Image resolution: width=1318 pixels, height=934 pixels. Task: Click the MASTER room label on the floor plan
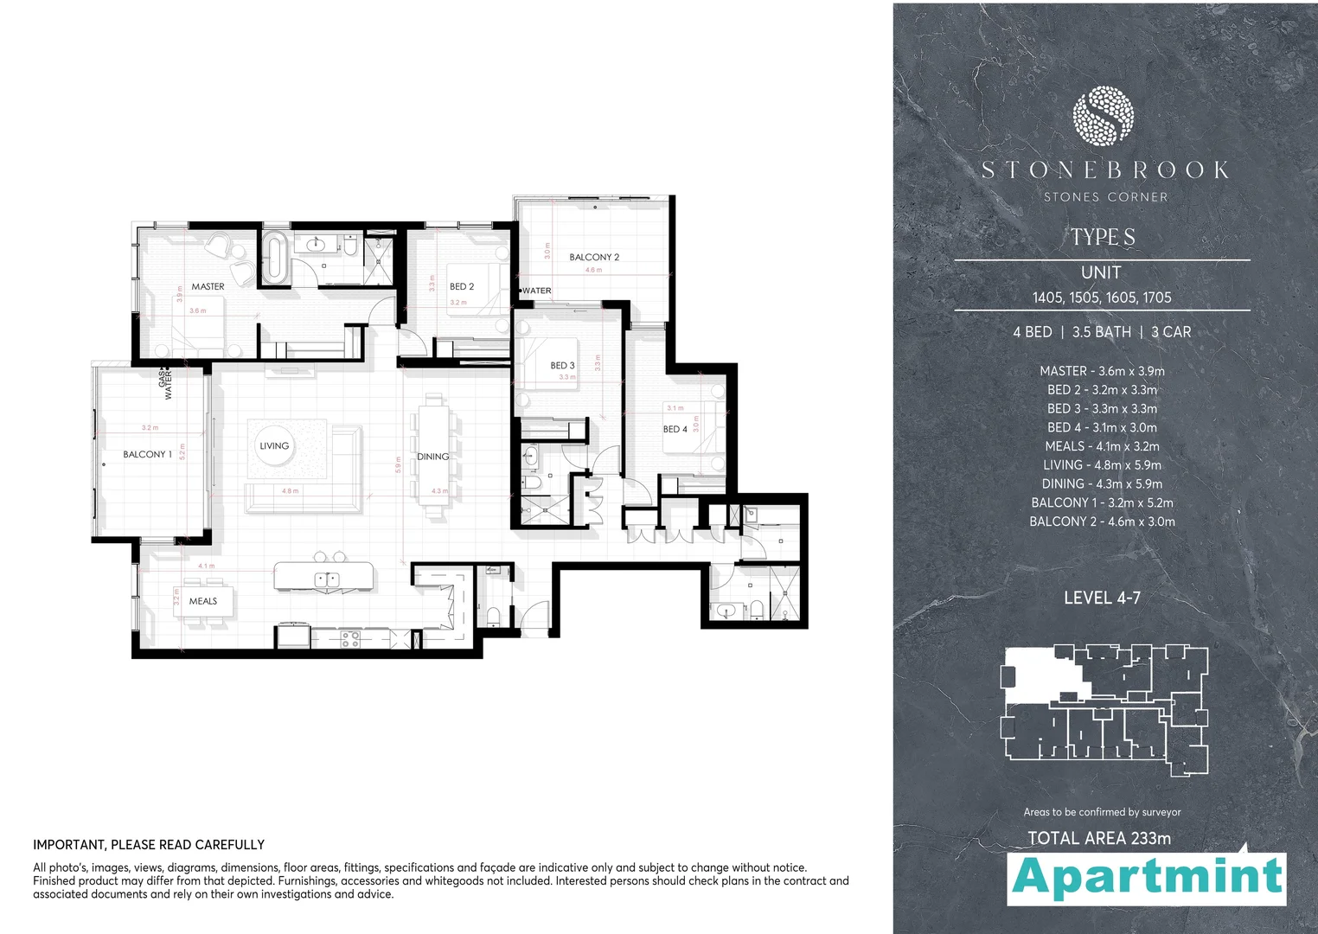pyautogui.click(x=208, y=286)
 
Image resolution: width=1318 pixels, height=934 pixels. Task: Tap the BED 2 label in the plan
pyautogui.click(x=462, y=286)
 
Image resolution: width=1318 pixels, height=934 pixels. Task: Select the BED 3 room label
pyautogui.click(x=562, y=365)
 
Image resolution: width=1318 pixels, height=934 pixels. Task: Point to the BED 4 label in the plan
pyautogui.click(x=675, y=429)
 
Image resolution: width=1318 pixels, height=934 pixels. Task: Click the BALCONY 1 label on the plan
pyautogui.click(x=147, y=454)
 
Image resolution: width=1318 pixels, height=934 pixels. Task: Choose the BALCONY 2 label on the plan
pyautogui.click(x=594, y=257)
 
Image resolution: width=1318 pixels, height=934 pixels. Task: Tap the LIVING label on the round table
pyautogui.click(x=274, y=445)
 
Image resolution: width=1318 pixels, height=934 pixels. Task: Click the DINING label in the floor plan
pyautogui.click(x=433, y=457)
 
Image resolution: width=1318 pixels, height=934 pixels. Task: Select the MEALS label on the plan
pyautogui.click(x=203, y=601)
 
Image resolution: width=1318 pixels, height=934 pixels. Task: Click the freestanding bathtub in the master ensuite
pyautogui.click(x=275, y=257)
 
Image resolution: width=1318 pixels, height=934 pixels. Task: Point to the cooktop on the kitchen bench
pyautogui.click(x=350, y=639)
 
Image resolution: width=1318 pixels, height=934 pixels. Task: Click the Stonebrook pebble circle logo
pyautogui.click(x=1103, y=115)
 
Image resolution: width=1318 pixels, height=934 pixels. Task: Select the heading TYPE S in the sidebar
pyautogui.click(x=1103, y=237)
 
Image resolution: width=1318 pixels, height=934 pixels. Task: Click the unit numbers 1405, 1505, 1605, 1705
pyautogui.click(x=1102, y=297)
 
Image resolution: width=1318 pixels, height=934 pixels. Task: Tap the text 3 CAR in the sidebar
pyautogui.click(x=1171, y=332)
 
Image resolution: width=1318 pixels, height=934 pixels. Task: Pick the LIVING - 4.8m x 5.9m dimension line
pyautogui.click(x=1102, y=465)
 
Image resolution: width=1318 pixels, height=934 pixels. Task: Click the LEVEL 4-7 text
pyautogui.click(x=1102, y=598)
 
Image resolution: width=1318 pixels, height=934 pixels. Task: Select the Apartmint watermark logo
pyautogui.click(x=1147, y=877)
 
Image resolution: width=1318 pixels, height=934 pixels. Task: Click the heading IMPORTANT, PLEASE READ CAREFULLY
pyautogui.click(x=149, y=845)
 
